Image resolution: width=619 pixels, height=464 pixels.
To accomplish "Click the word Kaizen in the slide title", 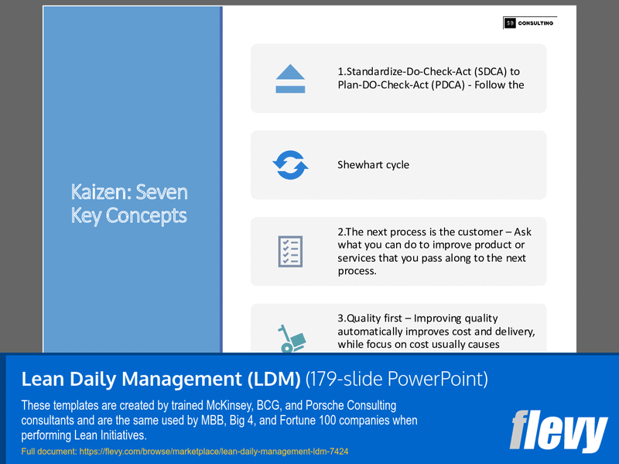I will (97, 192).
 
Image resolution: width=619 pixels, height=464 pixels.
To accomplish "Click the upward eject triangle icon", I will (290, 78).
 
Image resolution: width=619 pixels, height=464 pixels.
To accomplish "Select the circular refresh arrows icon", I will (290, 164).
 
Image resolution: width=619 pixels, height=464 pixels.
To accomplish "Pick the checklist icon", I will (290, 251).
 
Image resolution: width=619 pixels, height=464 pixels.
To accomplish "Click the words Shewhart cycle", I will (373, 164).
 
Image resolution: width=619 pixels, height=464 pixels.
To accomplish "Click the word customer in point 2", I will (491, 232).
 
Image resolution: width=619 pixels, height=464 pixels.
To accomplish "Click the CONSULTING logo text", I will (535, 23).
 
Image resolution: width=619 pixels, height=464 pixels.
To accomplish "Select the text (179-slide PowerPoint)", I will (397, 379).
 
